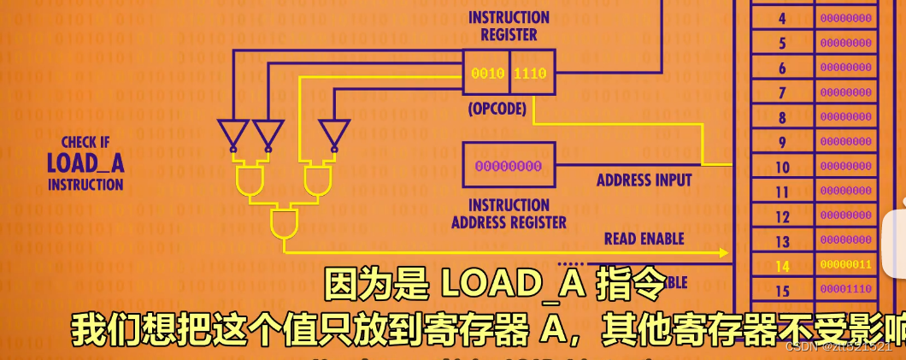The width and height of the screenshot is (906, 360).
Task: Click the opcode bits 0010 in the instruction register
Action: click(x=488, y=74)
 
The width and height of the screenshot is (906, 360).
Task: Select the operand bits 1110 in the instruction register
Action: click(x=530, y=74)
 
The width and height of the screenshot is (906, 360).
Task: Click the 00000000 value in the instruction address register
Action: click(x=508, y=166)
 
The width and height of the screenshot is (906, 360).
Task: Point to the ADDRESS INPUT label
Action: click(x=644, y=180)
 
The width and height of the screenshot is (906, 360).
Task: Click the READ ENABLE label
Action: click(x=644, y=239)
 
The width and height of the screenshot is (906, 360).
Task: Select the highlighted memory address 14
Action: click(x=782, y=266)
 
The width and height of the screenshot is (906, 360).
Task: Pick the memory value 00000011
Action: click(x=845, y=265)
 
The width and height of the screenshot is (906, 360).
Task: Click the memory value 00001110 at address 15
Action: click(x=845, y=290)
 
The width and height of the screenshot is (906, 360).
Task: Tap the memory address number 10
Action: click(x=782, y=167)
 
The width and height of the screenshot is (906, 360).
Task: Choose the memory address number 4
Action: click(x=782, y=18)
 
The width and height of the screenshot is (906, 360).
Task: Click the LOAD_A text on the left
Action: click(x=85, y=162)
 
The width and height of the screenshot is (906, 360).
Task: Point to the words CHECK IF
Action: click(x=85, y=142)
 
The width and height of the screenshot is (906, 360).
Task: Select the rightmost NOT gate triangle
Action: click(x=332, y=133)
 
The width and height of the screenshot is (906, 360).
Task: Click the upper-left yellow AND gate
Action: click(x=250, y=180)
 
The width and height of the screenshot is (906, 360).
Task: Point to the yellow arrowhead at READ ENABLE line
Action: click(x=723, y=253)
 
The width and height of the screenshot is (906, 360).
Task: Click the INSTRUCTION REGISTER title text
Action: click(x=509, y=26)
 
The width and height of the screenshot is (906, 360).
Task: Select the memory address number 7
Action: click(x=782, y=92)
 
